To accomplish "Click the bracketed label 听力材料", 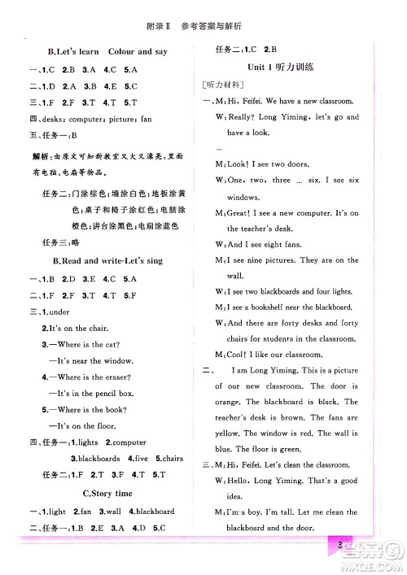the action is [224, 85].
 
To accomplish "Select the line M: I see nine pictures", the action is [285, 260].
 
